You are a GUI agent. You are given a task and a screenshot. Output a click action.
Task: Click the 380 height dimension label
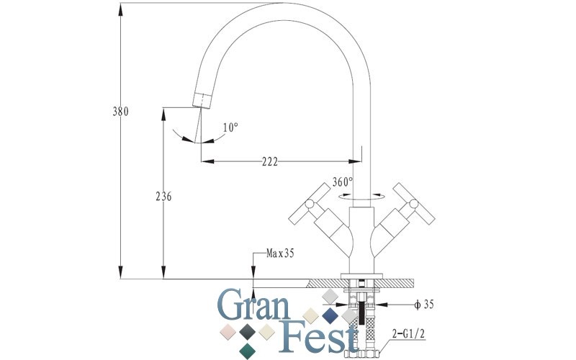pyautogui.click(x=120, y=112)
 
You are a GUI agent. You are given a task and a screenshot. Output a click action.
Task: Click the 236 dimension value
pyautogui.click(x=163, y=197)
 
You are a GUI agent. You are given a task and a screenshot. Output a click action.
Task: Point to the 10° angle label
pyautogui.click(x=230, y=127)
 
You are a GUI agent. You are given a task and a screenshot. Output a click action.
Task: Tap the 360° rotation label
pyautogui.click(x=343, y=181)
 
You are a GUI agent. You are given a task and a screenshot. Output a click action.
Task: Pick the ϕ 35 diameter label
pyautogui.click(x=424, y=305)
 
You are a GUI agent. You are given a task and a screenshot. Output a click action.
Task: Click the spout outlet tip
pyautogui.click(x=201, y=99)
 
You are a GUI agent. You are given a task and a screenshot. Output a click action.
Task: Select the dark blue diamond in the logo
pyautogui.click(x=330, y=315)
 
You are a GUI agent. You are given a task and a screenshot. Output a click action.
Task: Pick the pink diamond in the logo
pyautogui.click(x=229, y=332)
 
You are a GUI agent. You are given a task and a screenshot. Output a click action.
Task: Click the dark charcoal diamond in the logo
pyautogui.click(x=248, y=331)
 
